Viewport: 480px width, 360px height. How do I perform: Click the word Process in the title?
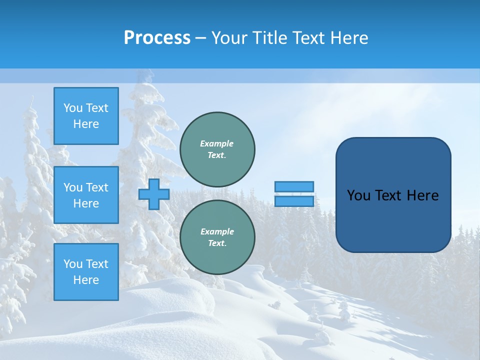click(x=157, y=38)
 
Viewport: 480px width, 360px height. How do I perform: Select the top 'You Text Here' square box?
click(x=86, y=116)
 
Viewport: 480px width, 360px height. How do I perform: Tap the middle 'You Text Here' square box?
click(x=86, y=195)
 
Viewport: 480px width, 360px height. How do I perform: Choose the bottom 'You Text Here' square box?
click(x=86, y=272)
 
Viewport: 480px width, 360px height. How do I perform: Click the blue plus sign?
click(x=154, y=194)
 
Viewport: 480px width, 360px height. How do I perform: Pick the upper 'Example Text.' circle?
click(x=217, y=149)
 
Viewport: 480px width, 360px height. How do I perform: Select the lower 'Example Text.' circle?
click(x=217, y=237)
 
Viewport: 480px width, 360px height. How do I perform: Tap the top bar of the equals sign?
click(x=294, y=186)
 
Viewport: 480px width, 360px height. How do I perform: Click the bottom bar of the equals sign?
click(x=294, y=201)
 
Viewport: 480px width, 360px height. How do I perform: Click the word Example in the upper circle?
click(x=217, y=143)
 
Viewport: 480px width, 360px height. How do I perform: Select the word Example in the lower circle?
click(x=217, y=231)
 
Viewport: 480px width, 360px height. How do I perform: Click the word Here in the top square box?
click(x=86, y=124)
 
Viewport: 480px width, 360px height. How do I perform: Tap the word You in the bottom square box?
click(x=72, y=264)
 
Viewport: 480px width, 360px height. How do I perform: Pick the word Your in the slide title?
click(x=230, y=38)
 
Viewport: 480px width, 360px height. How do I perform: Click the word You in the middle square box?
click(x=72, y=187)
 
